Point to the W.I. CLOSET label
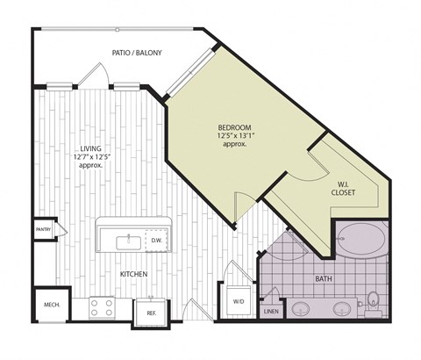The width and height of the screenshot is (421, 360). point(344,186)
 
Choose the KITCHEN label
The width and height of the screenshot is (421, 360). point(133,275)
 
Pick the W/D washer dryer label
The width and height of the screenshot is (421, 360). point(239,301)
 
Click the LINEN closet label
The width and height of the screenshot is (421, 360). point(271,311)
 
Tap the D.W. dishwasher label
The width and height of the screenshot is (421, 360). point(156,240)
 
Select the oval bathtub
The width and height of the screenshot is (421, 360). point(360,238)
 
